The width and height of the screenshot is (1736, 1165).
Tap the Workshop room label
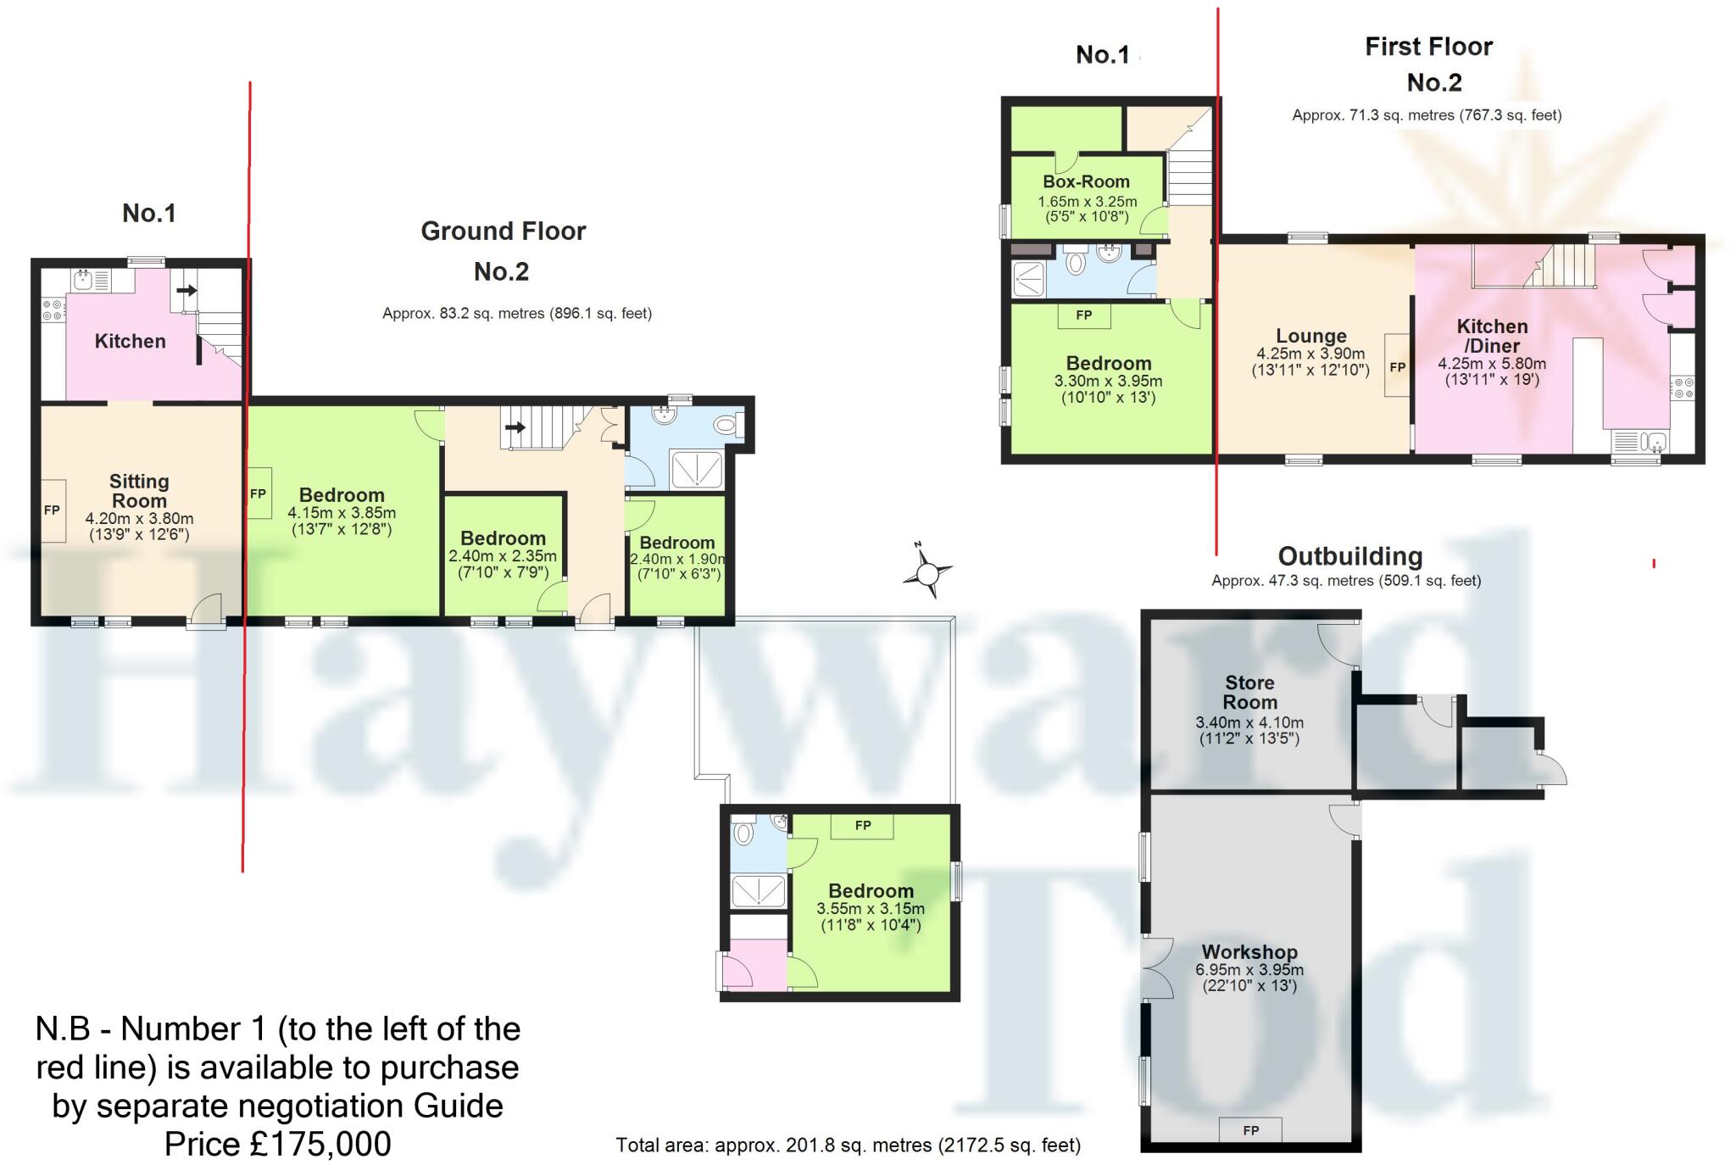[1249, 951]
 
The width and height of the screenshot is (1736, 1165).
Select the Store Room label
[1249, 692]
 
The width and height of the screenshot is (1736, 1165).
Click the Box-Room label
[1086, 181]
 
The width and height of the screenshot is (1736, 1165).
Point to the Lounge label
[1310, 336]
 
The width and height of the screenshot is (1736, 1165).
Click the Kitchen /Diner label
[1492, 336]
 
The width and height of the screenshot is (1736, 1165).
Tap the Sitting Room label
[139, 491]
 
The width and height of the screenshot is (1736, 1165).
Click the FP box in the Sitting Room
[53, 510]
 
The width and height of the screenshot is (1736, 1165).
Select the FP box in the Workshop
[1250, 1130]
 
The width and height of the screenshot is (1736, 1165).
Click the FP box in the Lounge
[1397, 367]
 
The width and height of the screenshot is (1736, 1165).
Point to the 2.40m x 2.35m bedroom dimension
[503, 557]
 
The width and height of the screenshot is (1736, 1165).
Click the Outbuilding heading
[1349, 556]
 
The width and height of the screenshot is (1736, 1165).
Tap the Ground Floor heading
[503, 231]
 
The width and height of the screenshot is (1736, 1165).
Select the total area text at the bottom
[848, 1145]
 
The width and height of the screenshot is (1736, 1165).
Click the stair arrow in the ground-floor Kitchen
[186, 291]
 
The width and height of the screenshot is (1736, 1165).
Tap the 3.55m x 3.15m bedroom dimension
[871, 909]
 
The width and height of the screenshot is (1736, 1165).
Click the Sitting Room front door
[207, 612]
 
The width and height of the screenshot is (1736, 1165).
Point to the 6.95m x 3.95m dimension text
[1249, 970]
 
